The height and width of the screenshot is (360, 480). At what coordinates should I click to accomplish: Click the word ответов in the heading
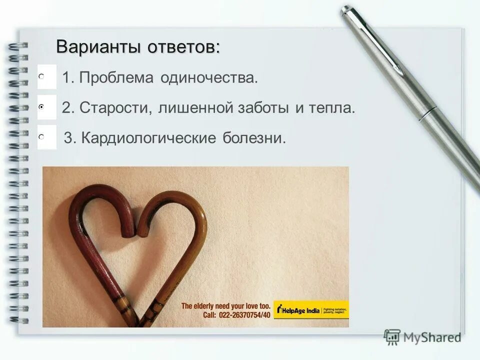pyautogui.click(x=183, y=47)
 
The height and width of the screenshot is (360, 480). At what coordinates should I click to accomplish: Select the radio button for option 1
pyautogui.click(x=41, y=76)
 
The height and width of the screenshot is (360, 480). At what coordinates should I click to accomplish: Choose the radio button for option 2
pyautogui.click(x=41, y=106)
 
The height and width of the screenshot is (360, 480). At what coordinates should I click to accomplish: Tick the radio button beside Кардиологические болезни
pyautogui.click(x=41, y=136)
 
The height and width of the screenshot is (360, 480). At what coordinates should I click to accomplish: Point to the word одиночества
pyautogui.click(x=209, y=78)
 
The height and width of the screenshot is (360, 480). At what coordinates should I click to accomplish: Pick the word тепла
pyautogui.click(x=334, y=108)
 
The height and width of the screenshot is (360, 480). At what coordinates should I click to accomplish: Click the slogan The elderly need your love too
pyautogui.click(x=225, y=305)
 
